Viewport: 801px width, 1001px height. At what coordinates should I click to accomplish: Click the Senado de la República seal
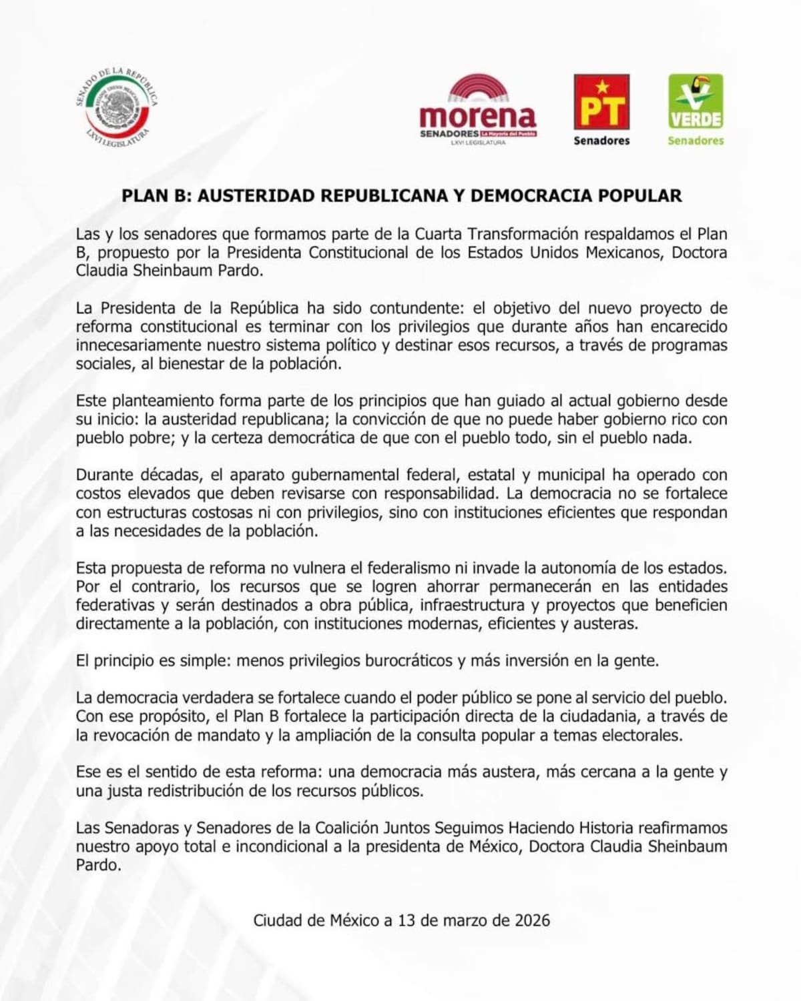(x=117, y=107)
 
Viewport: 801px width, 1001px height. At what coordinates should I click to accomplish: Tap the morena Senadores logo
(x=478, y=110)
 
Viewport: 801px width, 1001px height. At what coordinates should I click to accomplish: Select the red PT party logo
(x=601, y=101)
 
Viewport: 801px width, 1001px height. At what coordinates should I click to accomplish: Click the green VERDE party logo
(x=696, y=101)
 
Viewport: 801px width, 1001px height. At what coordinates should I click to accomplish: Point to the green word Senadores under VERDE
(x=696, y=141)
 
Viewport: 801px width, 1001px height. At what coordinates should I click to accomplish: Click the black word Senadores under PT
(x=601, y=141)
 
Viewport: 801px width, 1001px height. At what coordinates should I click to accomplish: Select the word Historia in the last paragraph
(x=605, y=828)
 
